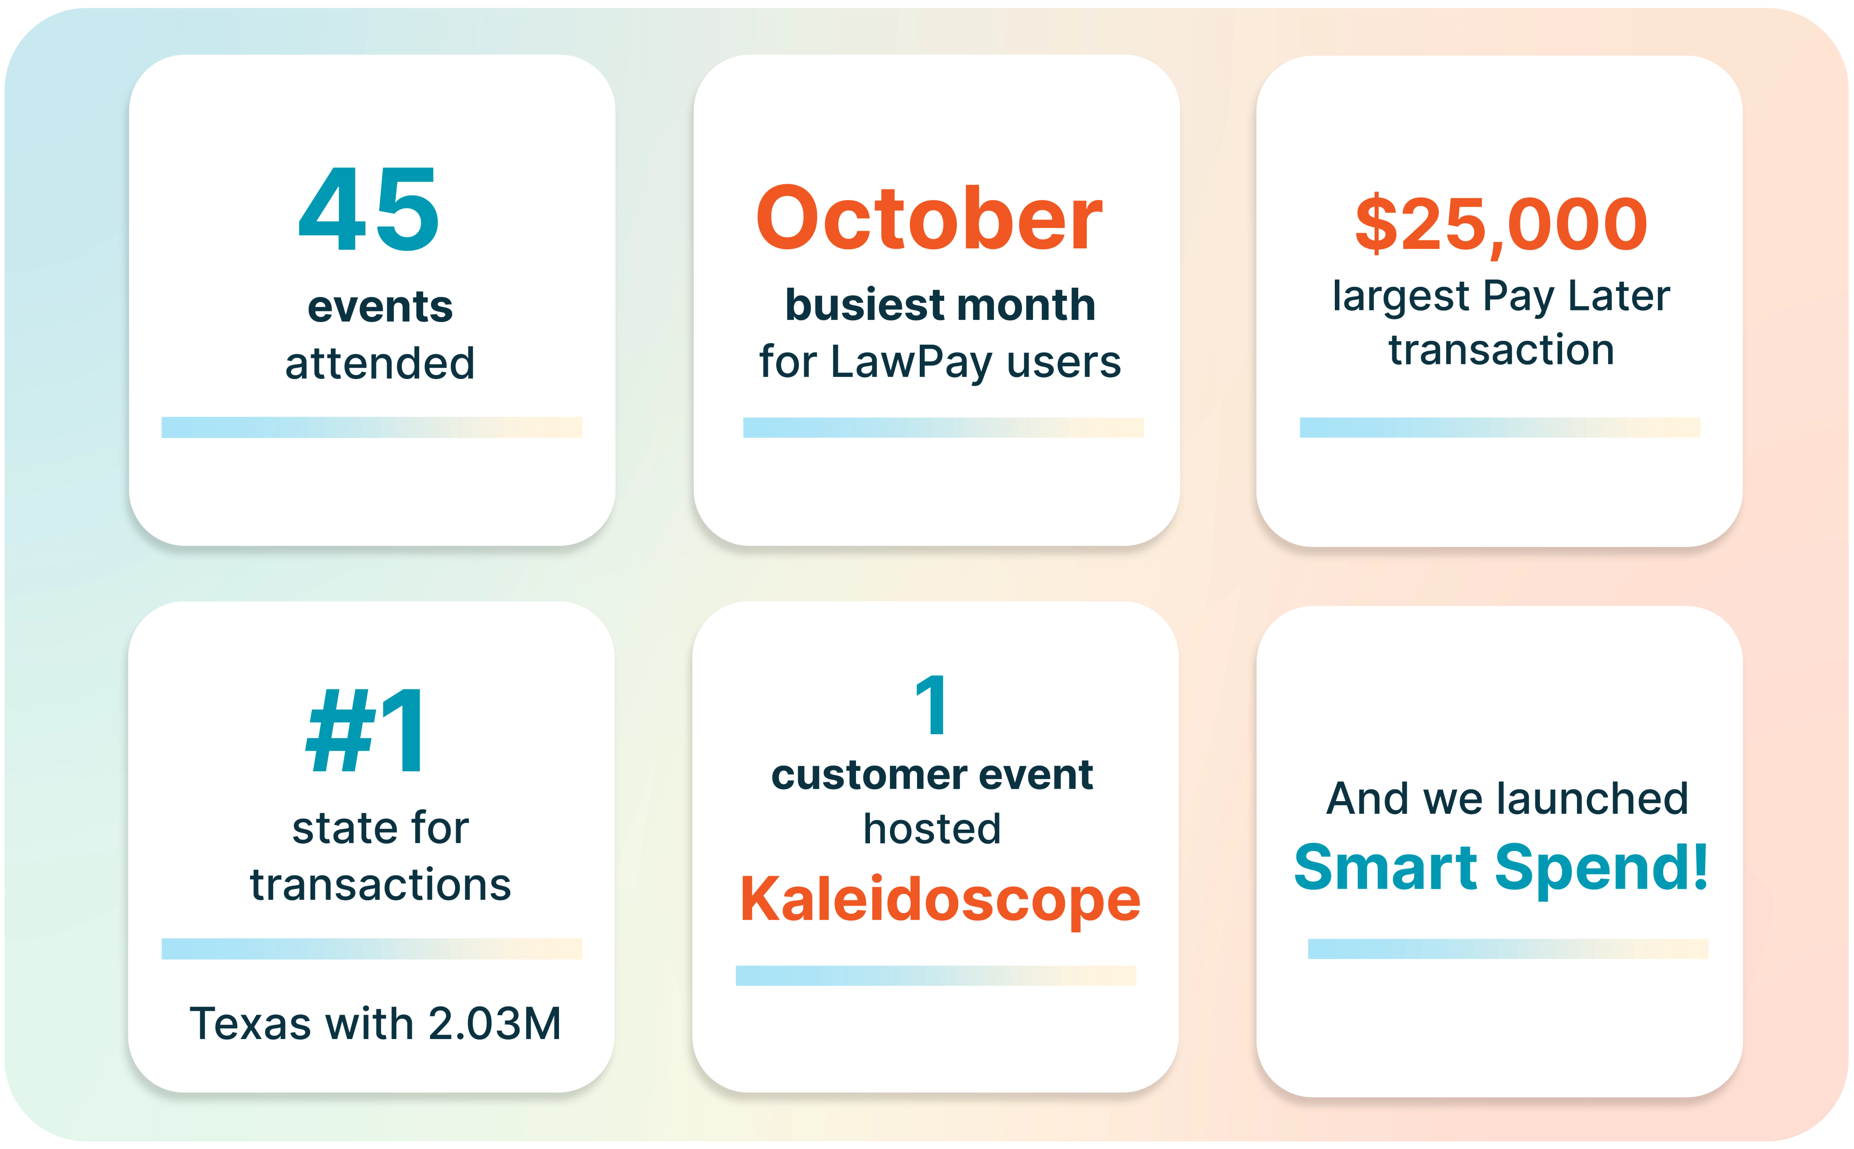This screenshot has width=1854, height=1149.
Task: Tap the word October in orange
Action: click(929, 219)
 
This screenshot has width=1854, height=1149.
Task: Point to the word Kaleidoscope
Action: click(940, 899)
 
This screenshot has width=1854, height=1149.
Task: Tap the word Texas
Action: click(250, 1024)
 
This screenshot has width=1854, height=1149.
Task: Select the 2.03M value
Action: click(495, 1024)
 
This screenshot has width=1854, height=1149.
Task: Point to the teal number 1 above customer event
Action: click(932, 705)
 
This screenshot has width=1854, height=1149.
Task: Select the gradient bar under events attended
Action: click(372, 427)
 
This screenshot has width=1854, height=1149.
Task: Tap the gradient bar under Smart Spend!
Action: click(1508, 949)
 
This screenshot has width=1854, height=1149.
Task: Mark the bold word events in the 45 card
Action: click(380, 307)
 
